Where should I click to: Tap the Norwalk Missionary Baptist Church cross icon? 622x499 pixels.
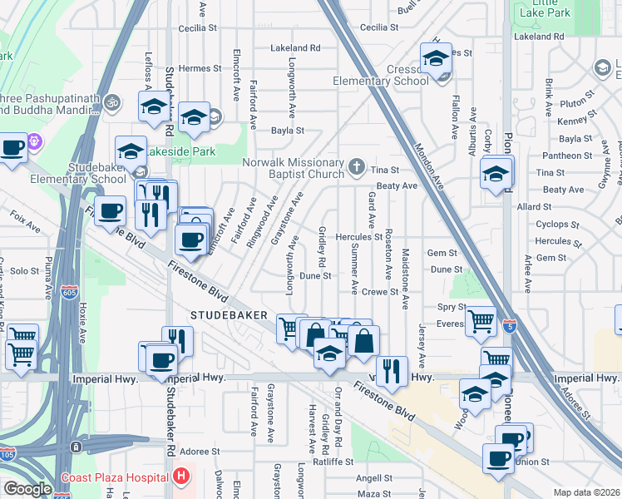(357, 166)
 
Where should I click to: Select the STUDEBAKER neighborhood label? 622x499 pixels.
(229, 316)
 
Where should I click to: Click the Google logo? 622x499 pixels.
(27, 489)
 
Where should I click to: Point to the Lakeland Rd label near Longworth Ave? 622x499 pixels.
(295, 48)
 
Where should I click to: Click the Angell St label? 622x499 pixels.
(374, 478)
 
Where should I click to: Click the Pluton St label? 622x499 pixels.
(574, 103)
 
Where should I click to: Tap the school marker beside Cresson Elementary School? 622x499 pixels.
(436, 60)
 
